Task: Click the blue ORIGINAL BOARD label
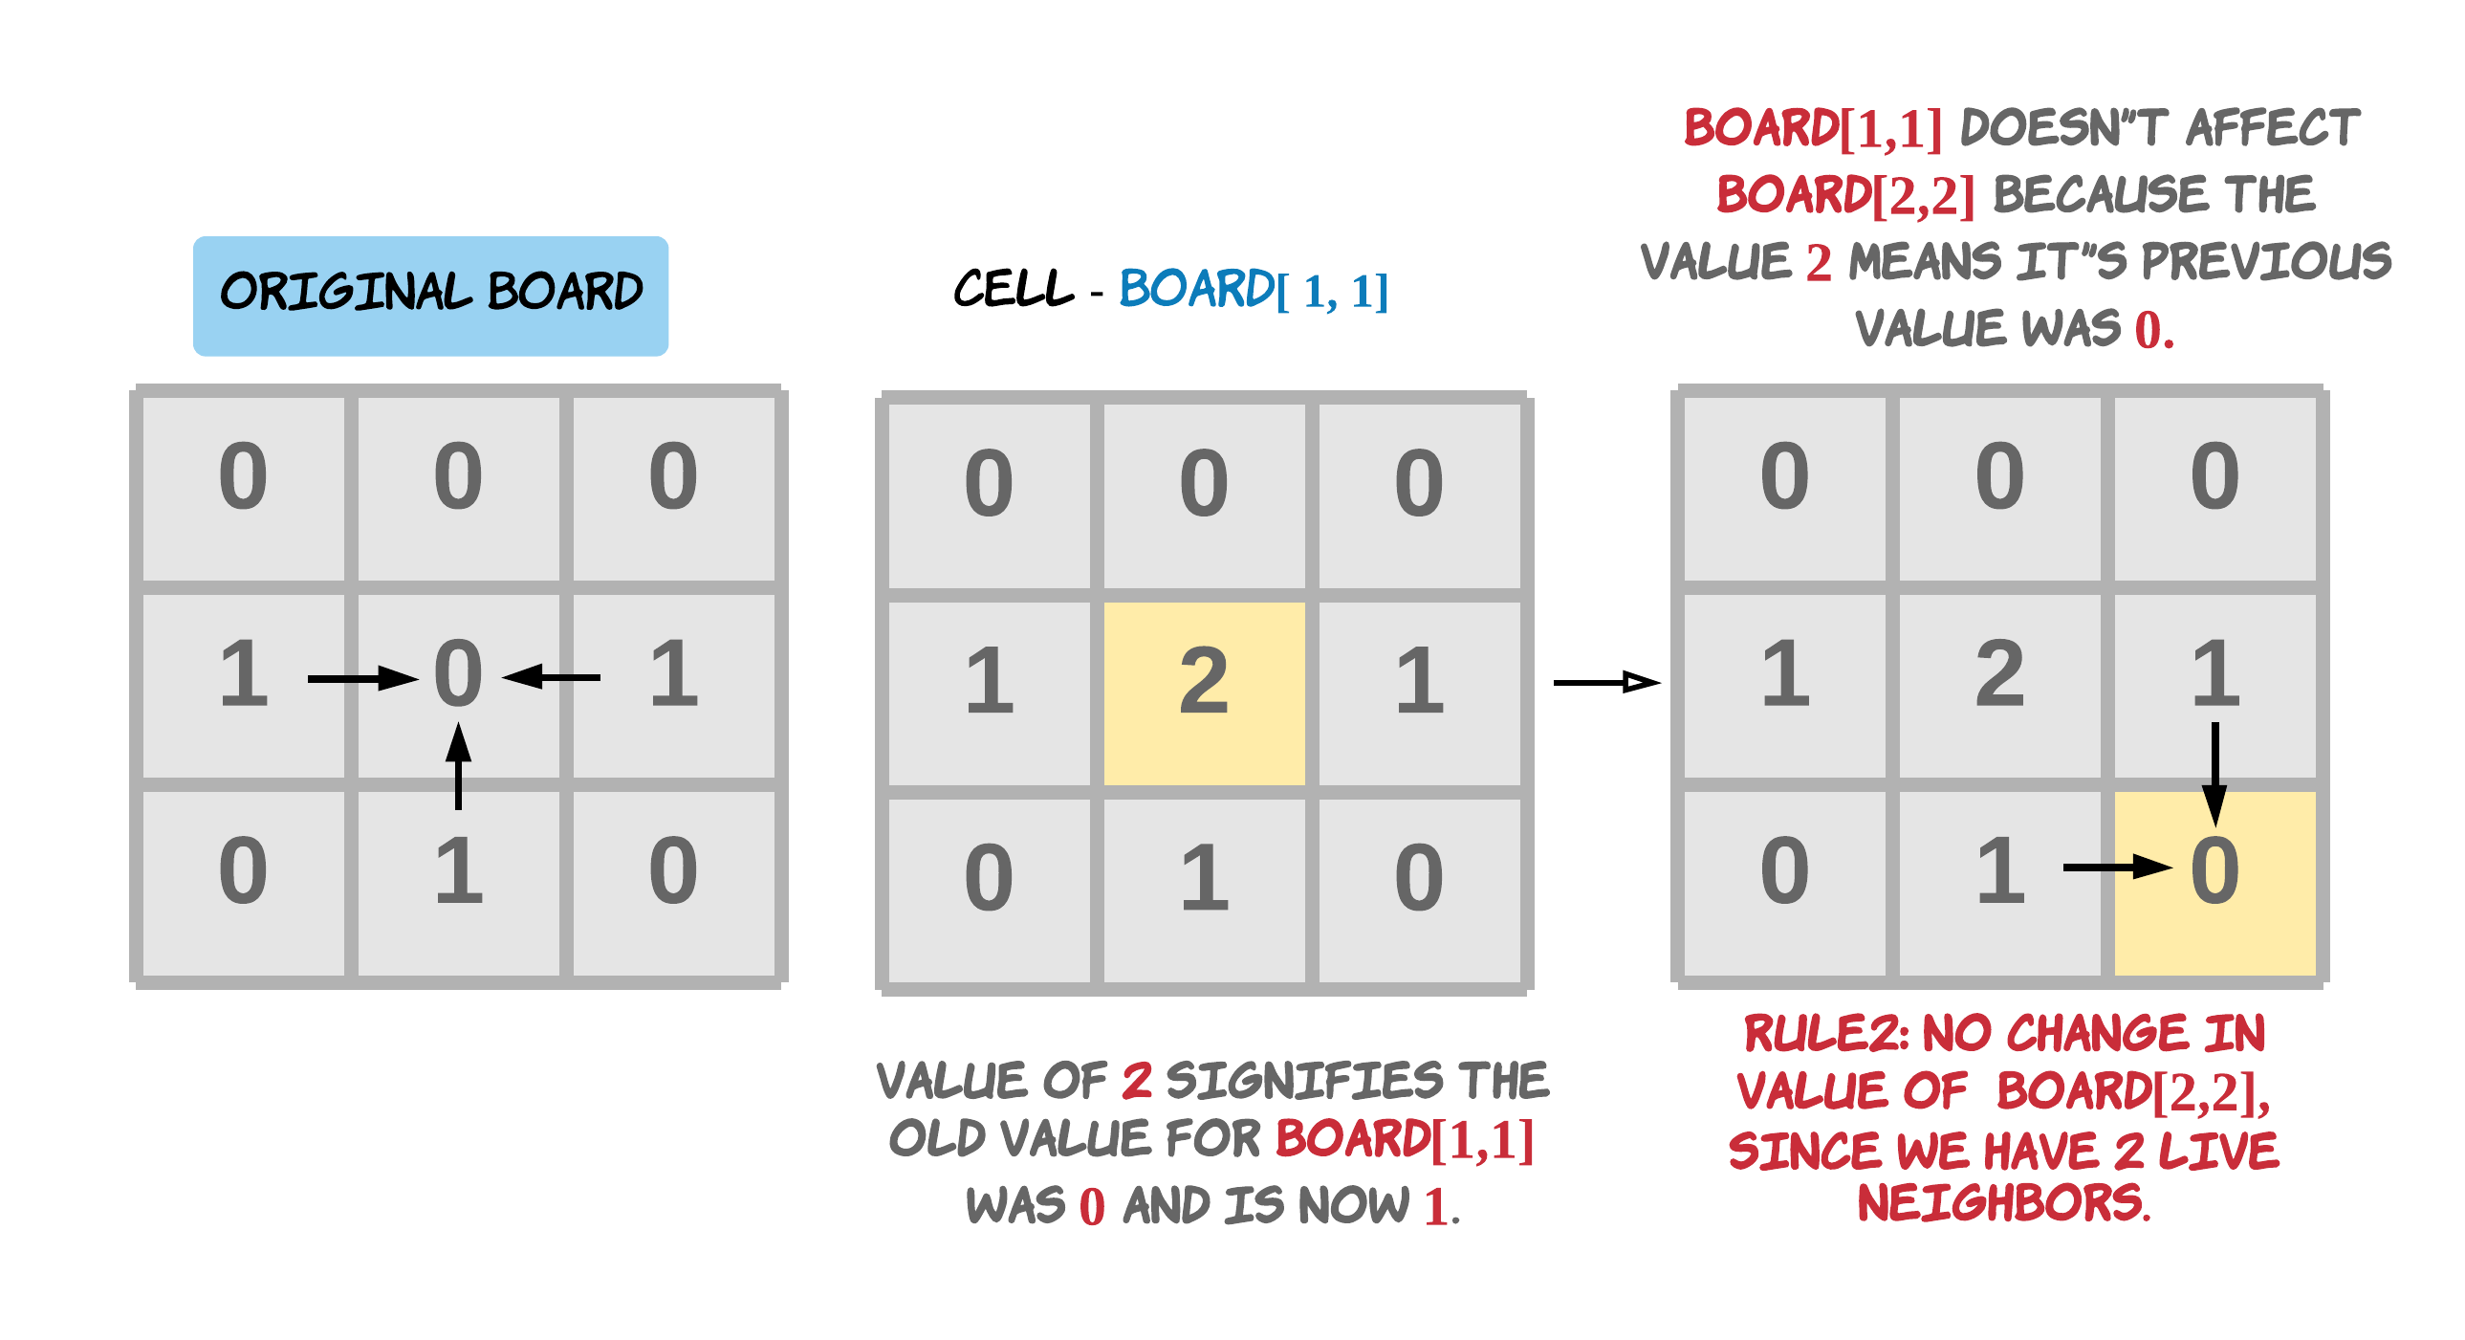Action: [430, 296]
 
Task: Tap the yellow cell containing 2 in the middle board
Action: [1204, 693]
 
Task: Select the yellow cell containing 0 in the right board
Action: [2214, 883]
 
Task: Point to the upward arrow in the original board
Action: [458, 766]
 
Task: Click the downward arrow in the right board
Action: [2214, 774]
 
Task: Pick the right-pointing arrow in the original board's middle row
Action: [362, 679]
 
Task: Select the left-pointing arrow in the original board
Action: [551, 678]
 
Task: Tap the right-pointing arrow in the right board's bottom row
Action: [2117, 868]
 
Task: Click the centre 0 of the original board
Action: [458, 674]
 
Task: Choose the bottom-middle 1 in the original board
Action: [458, 871]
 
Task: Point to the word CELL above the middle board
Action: [1014, 289]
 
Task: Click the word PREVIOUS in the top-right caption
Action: [2265, 261]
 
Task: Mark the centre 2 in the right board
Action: [2000, 674]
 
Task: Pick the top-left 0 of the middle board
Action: [989, 483]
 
